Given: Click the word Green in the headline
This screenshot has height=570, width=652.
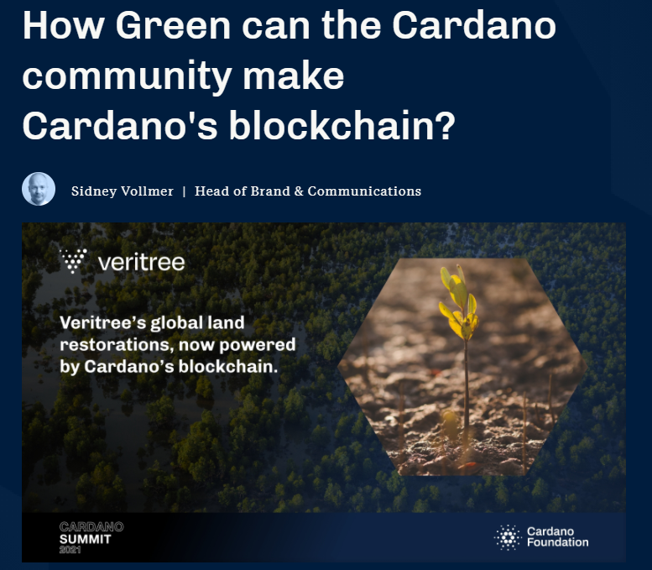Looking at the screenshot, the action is click(173, 25).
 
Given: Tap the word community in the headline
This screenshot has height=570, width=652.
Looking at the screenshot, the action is click(127, 76).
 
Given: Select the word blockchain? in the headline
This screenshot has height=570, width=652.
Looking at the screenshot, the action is click(342, 125).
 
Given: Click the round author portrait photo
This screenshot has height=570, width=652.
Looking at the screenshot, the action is click(39, 189).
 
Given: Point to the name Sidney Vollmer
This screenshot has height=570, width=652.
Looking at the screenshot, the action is click(123, 191).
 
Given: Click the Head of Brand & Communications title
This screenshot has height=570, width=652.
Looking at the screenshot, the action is click(308, 191).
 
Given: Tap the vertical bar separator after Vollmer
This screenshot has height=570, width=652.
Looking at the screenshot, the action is click(184, 191).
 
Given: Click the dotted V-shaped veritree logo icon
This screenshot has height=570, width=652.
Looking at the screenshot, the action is click(74, 260).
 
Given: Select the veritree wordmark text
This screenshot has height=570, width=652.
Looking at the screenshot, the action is click(141, 262).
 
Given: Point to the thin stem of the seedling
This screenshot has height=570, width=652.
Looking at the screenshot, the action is click(467, 387).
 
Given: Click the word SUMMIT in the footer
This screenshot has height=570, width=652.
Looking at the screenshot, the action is click(86, 539).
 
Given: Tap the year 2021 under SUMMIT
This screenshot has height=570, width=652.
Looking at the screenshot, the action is click(70, 550).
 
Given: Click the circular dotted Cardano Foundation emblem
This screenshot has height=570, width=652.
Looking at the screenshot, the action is click(508, 537).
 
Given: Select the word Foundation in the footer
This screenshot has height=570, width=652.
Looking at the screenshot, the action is click(558, 542).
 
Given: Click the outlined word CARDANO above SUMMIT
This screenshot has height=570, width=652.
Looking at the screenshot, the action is click(91, 526).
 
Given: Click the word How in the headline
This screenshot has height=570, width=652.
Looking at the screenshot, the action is click(63, 25).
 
